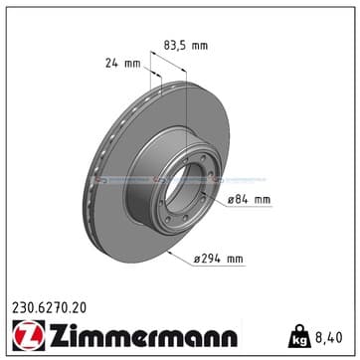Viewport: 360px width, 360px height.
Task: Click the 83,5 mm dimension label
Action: coord(186,46)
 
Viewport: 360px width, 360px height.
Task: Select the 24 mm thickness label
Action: coord(123,64)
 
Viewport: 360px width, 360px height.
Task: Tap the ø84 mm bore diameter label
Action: coord(249,200)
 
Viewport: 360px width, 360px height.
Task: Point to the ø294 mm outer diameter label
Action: coord(219,259)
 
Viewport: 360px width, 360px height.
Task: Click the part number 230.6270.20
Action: coord(49,308)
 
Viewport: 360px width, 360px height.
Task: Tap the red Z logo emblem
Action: coord(29,335)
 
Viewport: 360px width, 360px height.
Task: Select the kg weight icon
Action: coord(299,336)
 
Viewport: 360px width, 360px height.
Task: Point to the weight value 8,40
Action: coord(328,338)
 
